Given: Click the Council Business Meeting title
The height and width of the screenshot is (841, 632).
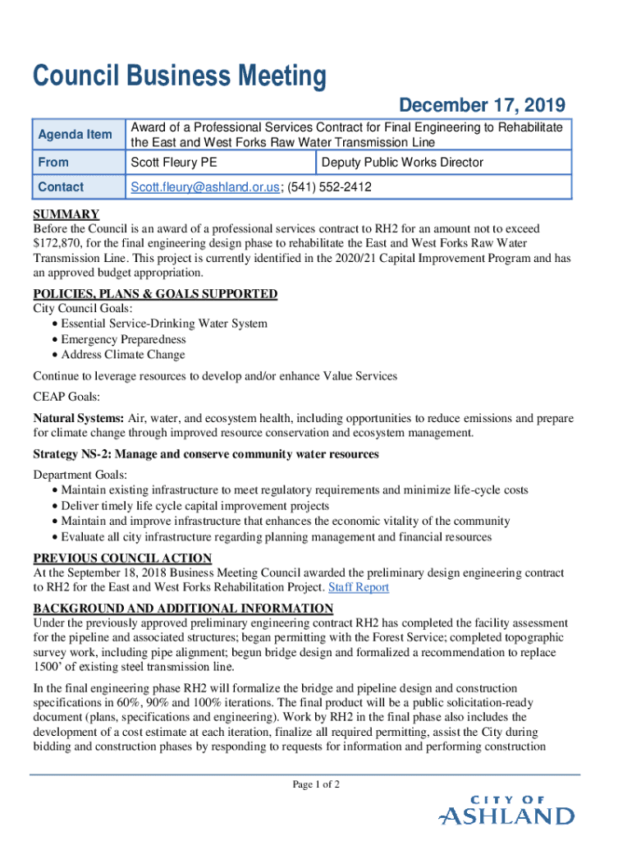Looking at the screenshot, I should (x=179, y=77).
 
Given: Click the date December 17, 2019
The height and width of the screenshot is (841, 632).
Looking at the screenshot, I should (x=482, y=105).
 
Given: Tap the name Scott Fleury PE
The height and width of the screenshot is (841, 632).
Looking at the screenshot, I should (x=174, y=163).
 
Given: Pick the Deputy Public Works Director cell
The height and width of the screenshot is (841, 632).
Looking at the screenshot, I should (x=403, y=163).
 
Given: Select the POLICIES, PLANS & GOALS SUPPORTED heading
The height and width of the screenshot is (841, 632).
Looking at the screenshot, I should (x=155, y=294).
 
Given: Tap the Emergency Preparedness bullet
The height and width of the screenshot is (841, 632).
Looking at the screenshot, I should (x=123, y=339).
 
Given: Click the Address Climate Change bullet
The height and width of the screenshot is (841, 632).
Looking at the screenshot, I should (x=123, y=355).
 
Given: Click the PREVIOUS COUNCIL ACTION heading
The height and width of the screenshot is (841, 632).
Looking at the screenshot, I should (x=122, y=558).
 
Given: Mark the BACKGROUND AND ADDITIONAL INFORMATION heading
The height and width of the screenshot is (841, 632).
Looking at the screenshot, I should (x=183, y=609).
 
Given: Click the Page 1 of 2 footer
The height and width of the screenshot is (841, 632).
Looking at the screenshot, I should (x=316, y=784).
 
